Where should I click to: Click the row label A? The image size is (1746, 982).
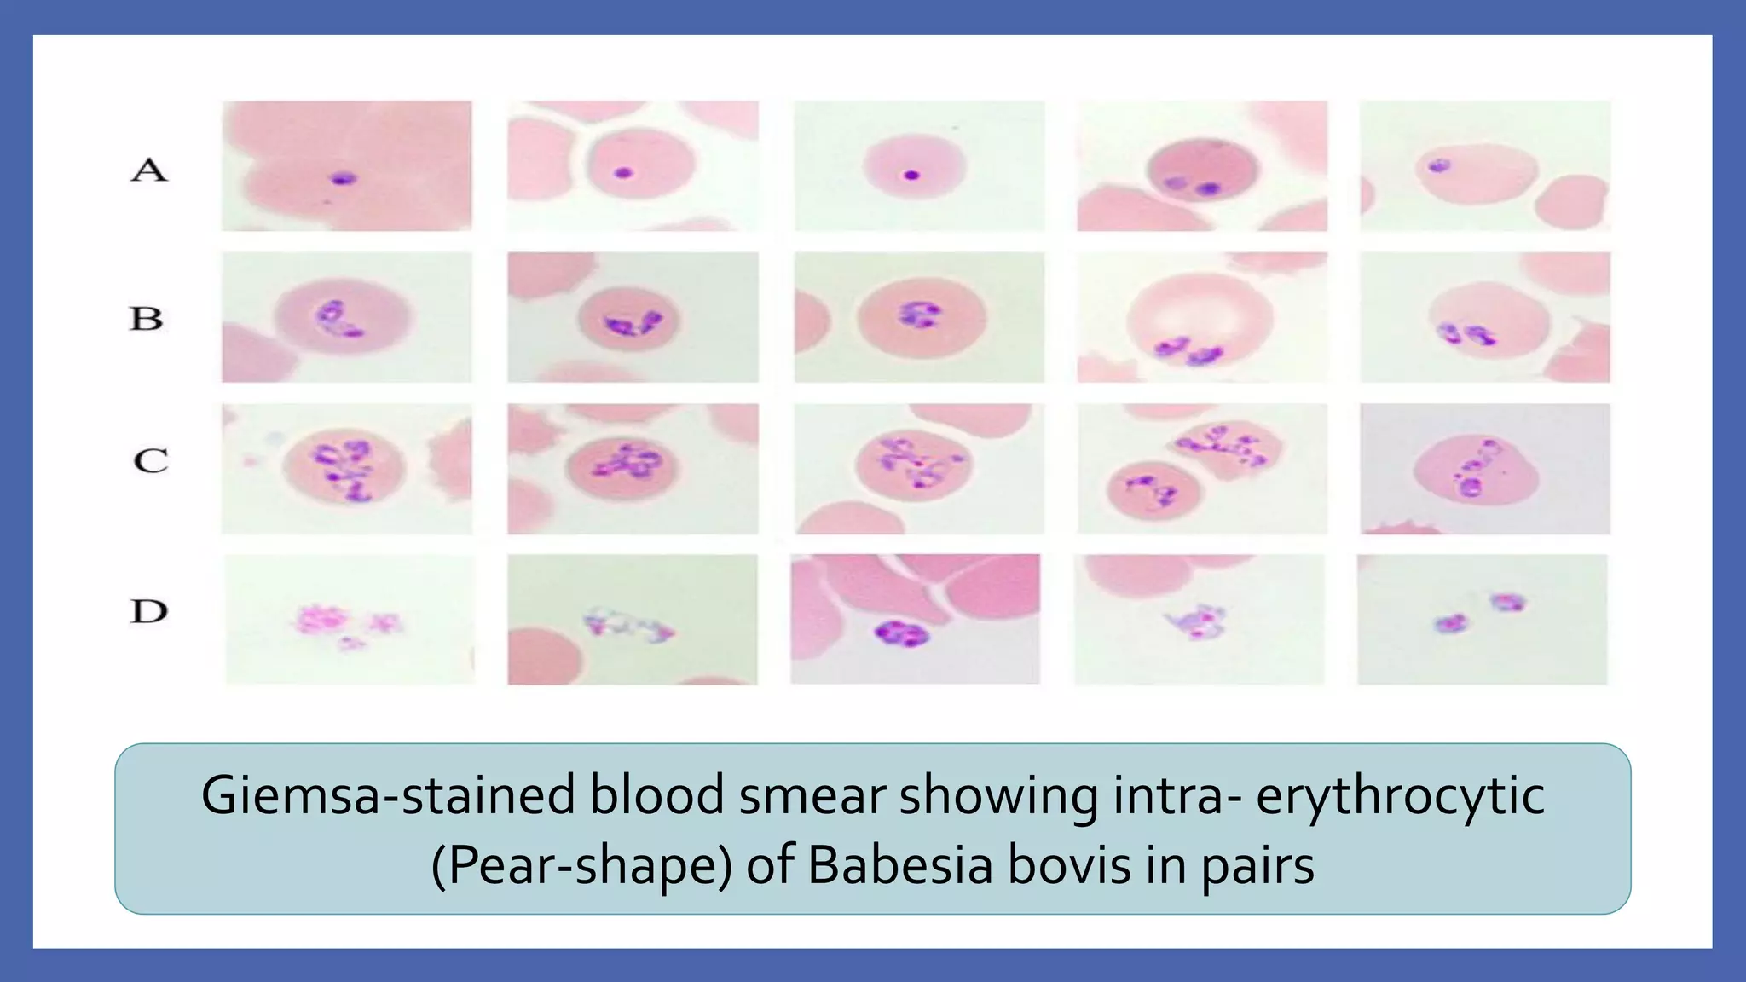pos(149,170)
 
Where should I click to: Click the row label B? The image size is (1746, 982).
pos(147,318)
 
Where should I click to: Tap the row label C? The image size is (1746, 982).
pos(151,460)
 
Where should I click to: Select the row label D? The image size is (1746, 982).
pos(149,611)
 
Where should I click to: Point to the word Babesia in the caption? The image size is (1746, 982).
pos(900,866)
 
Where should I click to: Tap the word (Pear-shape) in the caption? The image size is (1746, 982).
pos(581,866)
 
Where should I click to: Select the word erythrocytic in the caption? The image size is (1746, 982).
pos(1400,796)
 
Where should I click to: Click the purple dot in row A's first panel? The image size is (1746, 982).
pos(344,179)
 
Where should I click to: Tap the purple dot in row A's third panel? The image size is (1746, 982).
pos(911,175)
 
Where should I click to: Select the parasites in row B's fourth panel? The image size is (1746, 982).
pos(1188,349)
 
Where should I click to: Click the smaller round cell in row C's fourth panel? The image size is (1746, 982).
pos(1153,492)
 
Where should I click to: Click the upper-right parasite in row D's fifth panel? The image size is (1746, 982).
pos(1507,603)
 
